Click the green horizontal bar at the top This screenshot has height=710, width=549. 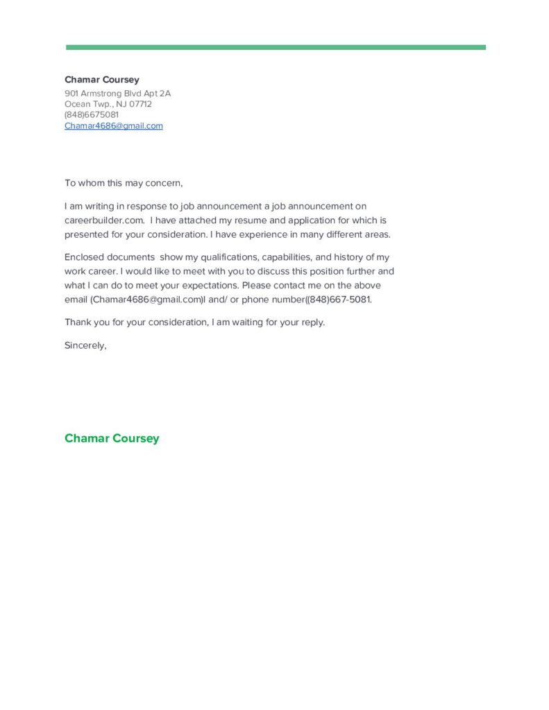[276, 47]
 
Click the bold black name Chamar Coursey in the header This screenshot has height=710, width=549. [101, 80]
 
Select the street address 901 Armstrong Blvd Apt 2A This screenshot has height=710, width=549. [117, 93]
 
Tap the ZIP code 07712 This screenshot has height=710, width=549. [140, 104]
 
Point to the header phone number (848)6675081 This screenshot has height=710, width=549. [91, 114]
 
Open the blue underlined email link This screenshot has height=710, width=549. [113, 125]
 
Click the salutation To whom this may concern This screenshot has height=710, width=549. [124, 183]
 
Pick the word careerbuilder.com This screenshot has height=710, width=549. [104, 220]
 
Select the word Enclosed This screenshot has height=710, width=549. [85, 257]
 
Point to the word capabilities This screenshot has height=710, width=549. [286, 257]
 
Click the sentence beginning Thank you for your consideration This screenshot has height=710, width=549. [194, 322]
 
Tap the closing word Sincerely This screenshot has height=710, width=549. [85, 345]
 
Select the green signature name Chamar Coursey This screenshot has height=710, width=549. [112, 438]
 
